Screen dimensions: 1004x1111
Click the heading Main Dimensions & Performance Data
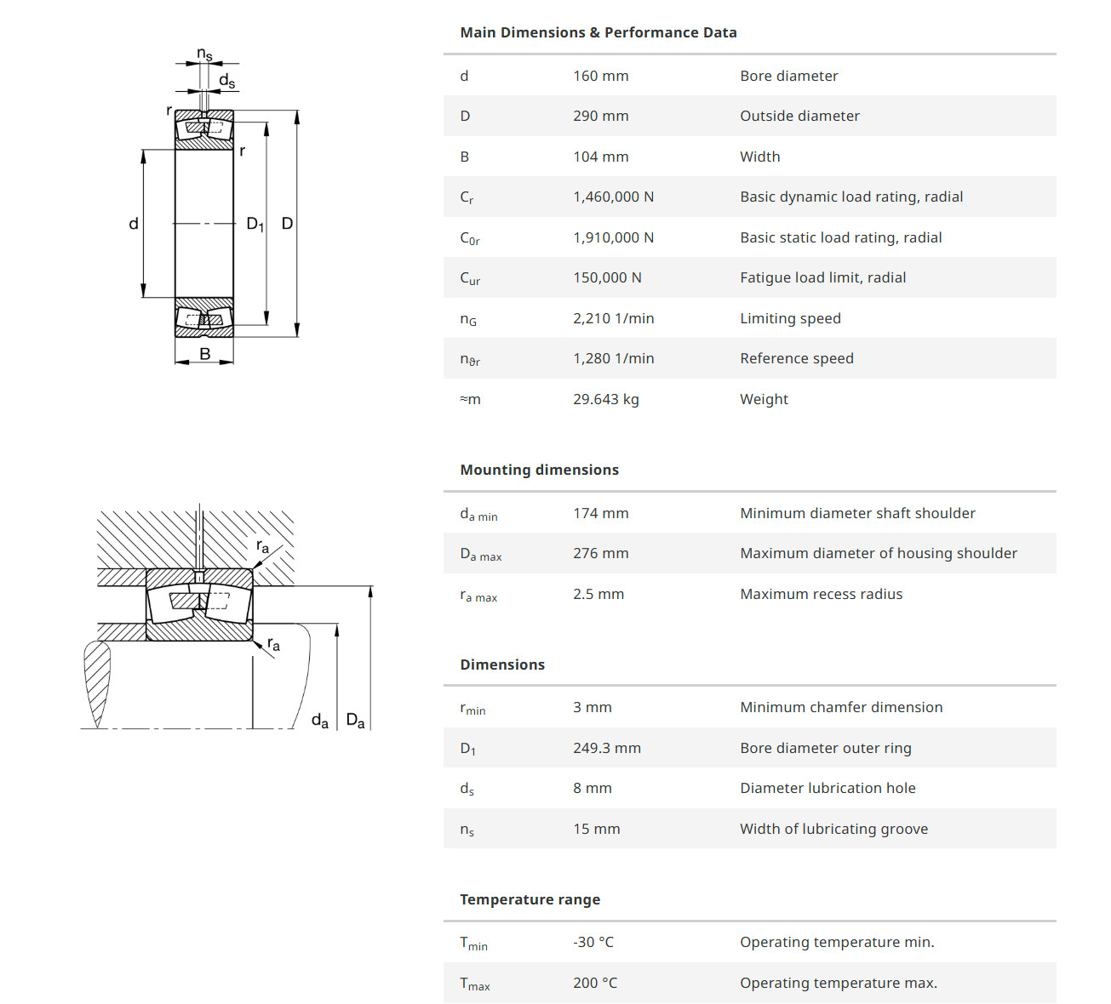point(598,32)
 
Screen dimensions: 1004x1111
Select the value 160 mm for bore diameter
point(600,76)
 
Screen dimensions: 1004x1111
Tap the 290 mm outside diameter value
point(600,116)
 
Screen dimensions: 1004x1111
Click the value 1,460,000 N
point(613,197)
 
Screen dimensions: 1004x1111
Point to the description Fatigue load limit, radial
point(822,277)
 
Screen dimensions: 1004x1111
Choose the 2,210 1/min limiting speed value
point(613,318)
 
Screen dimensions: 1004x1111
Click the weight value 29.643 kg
point(605,399)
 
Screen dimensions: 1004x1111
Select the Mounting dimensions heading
point(539,470)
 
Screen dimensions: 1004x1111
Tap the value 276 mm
point(600,553)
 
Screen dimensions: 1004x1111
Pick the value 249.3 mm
point(606,748)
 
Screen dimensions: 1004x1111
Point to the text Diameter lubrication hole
point(828,788)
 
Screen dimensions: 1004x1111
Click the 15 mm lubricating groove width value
point(596,829)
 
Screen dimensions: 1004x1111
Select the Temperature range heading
point(530,899)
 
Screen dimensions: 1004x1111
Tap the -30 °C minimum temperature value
point(593,942)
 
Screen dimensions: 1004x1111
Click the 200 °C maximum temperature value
point(595,983)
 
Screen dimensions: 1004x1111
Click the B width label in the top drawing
point(204,354)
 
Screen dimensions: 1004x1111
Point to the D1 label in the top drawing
point(255,224)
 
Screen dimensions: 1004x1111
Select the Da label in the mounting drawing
point(355,722)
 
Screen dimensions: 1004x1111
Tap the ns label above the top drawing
point(204,54)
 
